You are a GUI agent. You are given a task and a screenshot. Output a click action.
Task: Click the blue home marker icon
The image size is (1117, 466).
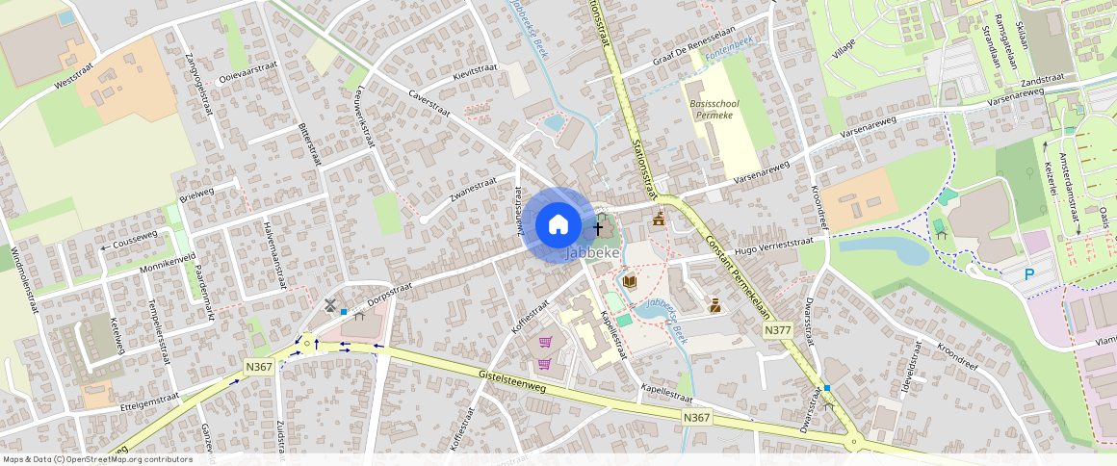coord(558,225)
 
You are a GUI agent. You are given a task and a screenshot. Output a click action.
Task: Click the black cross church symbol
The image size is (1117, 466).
coord(598,229)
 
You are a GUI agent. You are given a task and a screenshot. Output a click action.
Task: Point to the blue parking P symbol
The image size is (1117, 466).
coord(1029,274)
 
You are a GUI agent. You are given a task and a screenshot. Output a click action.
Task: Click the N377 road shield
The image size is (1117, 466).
coord(777,330)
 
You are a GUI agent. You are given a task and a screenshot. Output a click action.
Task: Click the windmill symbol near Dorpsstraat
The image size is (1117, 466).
coord(330,306)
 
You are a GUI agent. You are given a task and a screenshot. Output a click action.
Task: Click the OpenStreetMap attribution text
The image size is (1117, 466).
coord(96,459)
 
